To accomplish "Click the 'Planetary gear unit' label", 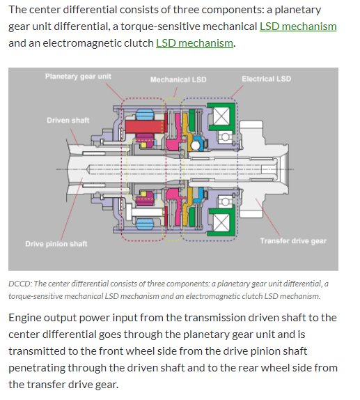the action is pos(78,77).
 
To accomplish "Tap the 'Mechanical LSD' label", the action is pos(178,79).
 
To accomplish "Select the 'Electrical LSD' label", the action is pos(267,79).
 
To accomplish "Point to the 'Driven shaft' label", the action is pos(68,120).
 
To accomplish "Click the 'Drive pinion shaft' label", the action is pos(56,244).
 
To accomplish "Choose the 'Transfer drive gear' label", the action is pos(293,241).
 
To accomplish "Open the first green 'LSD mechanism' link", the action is pos(298,26).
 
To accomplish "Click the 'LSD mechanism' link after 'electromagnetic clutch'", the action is pos(194,43).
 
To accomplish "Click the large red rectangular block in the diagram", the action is pos(145,127).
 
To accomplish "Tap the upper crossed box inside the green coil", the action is pos(221,116).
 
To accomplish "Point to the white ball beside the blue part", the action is pos(195,146).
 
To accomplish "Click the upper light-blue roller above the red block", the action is pos(145,114).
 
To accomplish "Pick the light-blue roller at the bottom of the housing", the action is pos(145,224).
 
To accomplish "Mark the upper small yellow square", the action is pos(144,145).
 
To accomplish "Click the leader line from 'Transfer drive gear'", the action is pos(267,217).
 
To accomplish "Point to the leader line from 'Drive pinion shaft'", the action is pos(72,208).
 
